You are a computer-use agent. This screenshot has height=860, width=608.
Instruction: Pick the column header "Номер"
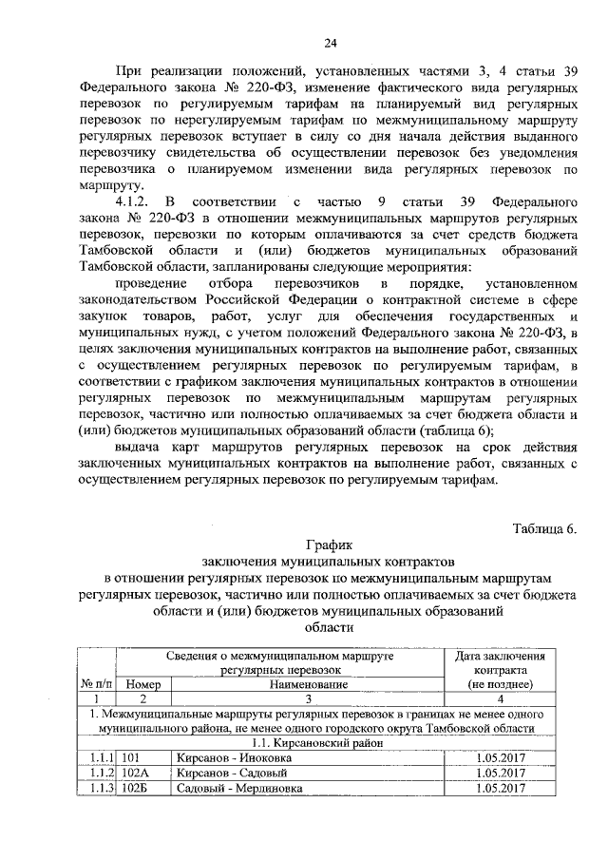[142, 683]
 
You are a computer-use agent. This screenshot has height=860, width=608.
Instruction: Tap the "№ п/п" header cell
[97, 683]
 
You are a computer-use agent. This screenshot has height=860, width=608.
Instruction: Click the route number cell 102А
[136, 773]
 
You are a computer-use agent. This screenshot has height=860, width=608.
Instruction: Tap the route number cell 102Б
[136, 788]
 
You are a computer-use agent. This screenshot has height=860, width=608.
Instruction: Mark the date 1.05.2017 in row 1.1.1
[500, 757]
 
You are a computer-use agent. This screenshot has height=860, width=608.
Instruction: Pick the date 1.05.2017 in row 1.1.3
[500, 788]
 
